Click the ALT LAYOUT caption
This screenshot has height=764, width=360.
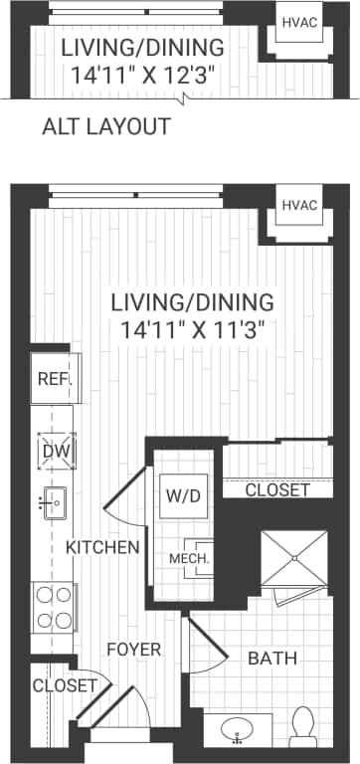pos(106,126)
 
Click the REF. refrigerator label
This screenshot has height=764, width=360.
pos(51,379)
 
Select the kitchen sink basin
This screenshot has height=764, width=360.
pos(53,503)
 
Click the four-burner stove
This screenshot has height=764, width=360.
pos(55,607)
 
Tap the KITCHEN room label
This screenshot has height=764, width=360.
pos(102,547)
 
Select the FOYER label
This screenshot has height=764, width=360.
pos(133,650)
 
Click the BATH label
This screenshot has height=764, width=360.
pos(272,659)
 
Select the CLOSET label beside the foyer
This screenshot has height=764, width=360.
pos(65,685)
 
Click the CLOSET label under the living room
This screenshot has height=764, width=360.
pos(277,490)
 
